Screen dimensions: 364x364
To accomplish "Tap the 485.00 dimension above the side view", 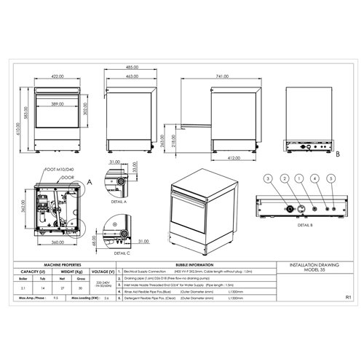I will click(x=132, y=66).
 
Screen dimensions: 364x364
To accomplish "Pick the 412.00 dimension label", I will click(x=235, y=156).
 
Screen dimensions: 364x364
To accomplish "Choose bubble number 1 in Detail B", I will click(x=299, y=178).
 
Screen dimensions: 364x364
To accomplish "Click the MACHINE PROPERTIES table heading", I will click(x=63, y=265).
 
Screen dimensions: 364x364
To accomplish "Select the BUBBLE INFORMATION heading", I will click(x=194, y=265).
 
